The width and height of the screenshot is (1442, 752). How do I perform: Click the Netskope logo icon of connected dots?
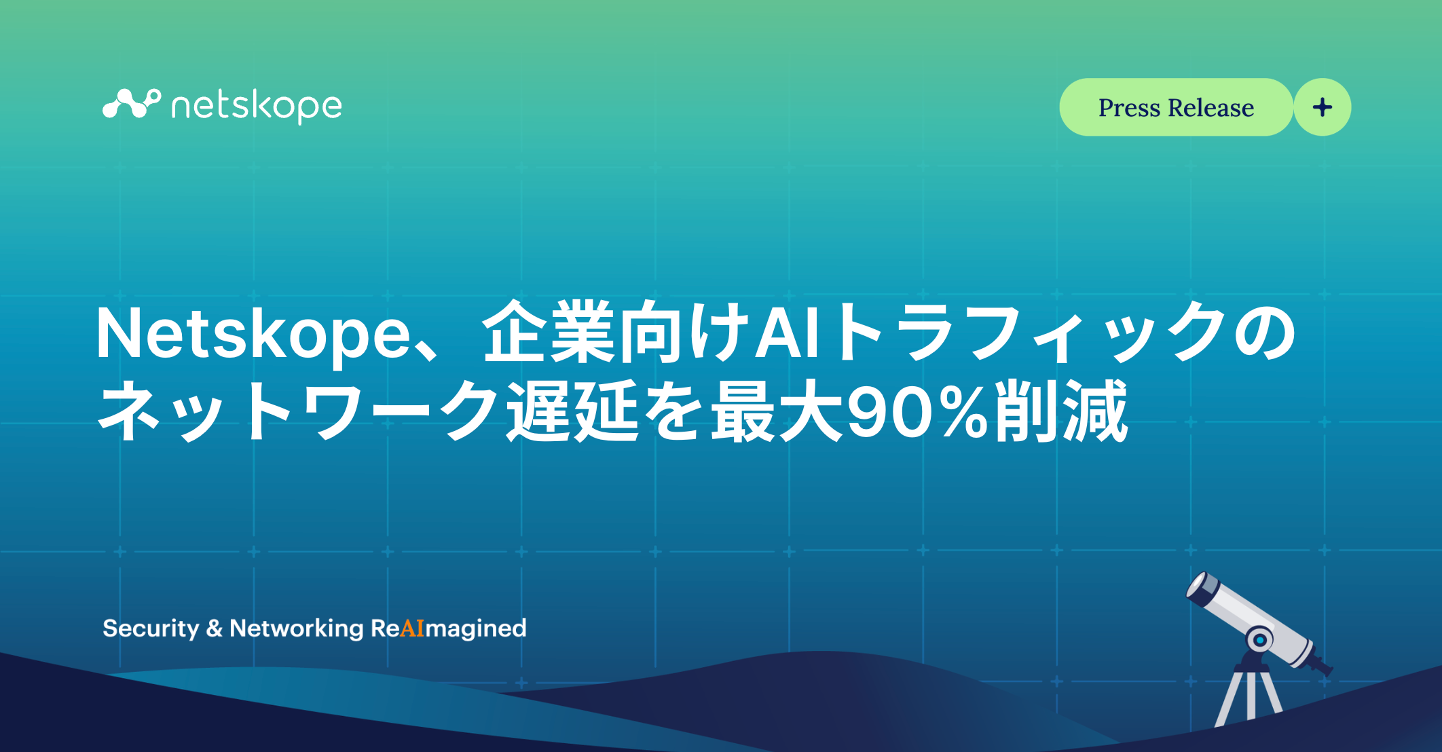(131, 104)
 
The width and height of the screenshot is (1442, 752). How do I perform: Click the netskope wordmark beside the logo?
(257, 107)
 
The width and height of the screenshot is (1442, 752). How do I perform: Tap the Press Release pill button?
(1176, 107)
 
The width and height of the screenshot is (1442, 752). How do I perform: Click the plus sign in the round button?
(1323, 107)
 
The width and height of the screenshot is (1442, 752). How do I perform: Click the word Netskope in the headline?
(253, 334)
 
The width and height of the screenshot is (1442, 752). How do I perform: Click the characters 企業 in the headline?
(549, 333)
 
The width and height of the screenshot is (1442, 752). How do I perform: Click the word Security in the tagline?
(151, 628)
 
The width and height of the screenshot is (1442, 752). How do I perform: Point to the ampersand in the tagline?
(215, 628)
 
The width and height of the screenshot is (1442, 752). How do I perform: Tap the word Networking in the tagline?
(297, 628)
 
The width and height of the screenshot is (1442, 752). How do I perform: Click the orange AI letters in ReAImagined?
(412, 628)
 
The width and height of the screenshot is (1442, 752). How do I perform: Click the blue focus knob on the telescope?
(1260, 640)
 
